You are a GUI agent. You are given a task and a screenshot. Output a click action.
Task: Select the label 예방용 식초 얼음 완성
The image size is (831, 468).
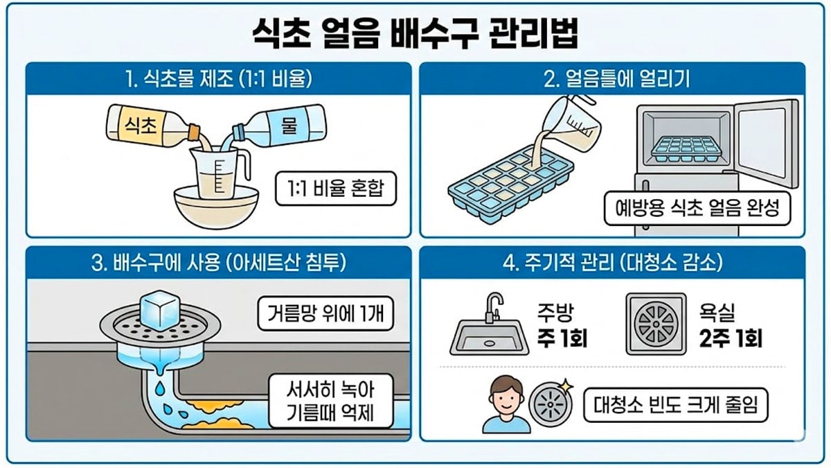click(x=695, y=209)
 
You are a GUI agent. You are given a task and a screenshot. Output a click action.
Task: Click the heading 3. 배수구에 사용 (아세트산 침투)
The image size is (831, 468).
click(x=219, y=263)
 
